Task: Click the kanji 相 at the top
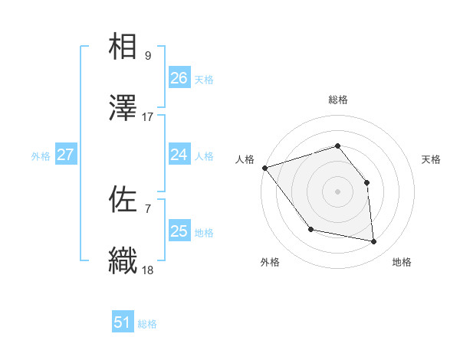(123, 47)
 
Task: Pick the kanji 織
(123, 261)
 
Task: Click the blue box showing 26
(179, 78)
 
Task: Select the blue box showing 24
(179, 155)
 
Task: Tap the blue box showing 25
(179, 231)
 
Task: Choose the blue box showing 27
(65, 155)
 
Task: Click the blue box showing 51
(123, 323)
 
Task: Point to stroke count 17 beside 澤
(148, 117)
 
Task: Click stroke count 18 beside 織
(148, 270)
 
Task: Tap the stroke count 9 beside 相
(148, 56)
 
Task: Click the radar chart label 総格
(337, 100)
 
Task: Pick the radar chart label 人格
(245, 159)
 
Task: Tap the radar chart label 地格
(402, 262)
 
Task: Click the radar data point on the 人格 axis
(264, 168)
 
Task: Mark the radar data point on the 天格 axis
(366, 182)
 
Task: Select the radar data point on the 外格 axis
(310, 229)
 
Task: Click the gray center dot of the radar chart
(337, 191)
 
